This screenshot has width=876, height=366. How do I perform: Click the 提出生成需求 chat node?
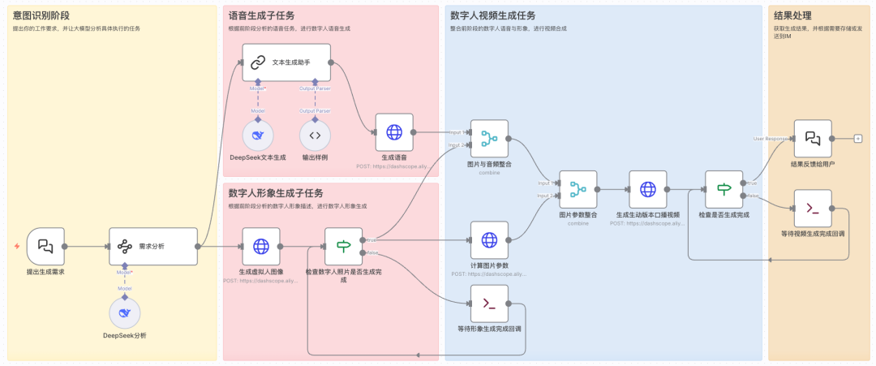tap(45, 245)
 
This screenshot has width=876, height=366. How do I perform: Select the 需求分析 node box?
tap(153, 245)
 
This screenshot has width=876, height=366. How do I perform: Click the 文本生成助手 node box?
tap(287, 62)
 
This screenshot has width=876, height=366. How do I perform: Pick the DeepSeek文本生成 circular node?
tap(258, 135)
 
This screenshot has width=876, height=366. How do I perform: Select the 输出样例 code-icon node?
tap(316, 135)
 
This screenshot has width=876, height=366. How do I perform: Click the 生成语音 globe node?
tap(394, 131)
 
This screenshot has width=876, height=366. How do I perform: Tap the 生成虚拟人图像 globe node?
tap(261, 245)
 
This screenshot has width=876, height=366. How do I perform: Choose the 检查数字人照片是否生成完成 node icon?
tap(343, 245)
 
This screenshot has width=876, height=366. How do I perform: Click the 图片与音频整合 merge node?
tap(489, 139)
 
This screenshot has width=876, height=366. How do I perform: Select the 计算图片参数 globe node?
tap(489, 240)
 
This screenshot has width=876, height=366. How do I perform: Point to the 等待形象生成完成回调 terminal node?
tap(489, 304)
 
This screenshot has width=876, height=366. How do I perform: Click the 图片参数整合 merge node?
tap(578, 189)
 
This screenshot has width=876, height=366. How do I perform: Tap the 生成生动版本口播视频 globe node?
tap(647, 189)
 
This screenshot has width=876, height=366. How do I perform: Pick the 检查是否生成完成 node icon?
tap(724, 189)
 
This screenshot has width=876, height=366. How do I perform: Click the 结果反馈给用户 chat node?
tap(812, 139)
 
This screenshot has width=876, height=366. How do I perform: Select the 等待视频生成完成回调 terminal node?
tap(812, 209)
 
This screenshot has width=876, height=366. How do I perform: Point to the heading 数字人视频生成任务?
tap(492, 15)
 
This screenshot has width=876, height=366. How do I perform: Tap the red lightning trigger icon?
tap(16, 246)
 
